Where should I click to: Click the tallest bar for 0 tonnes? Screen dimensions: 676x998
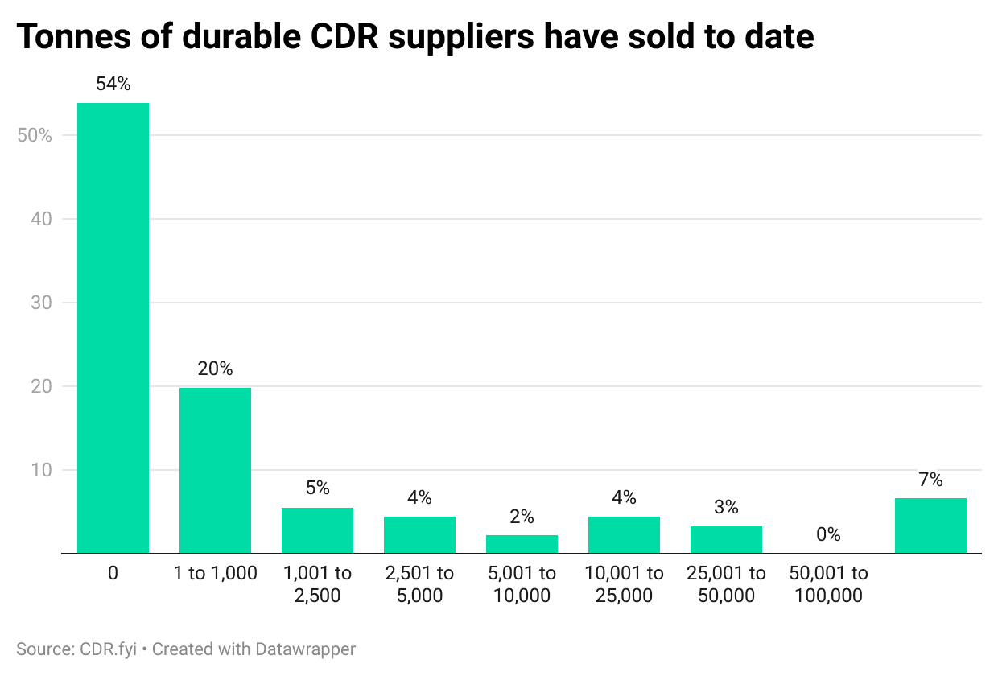pyautogui.click(x=113, y=328)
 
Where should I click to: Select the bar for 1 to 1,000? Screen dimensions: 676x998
pyautogui.click(x=215, y=470)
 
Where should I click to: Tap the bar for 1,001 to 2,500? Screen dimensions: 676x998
pyautogui.click(x=317, y=530)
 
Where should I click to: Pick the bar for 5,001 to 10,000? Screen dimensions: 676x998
pyautogui.click(x=522, y=544)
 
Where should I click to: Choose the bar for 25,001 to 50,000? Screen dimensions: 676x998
pyautogui.click(x=726, y=539)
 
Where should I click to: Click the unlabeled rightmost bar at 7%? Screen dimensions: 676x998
pyautogui.click(x=930, y=526)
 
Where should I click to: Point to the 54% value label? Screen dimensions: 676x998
pyautogui.click(x=113, y=84)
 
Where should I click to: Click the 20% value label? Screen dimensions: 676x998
pyautogui.click(x=215, y=369)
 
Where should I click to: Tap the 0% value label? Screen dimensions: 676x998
pyautogui.click(x=828, y=534)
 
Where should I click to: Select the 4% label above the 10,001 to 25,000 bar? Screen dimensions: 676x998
pyautogui.click(x=624, y=497)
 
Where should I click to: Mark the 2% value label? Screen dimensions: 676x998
pyautogui.click(x=522, y=517)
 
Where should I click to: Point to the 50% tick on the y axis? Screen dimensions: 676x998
pyautogui.click(x=35, y=135)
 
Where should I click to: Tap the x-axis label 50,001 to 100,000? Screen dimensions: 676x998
pyautogui.click(x=828, y=584)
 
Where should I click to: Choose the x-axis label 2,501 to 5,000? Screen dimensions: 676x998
pyautogui.click(x=419, y=584)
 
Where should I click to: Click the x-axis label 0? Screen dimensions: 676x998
pyautogui.click(x=113, y=574)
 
